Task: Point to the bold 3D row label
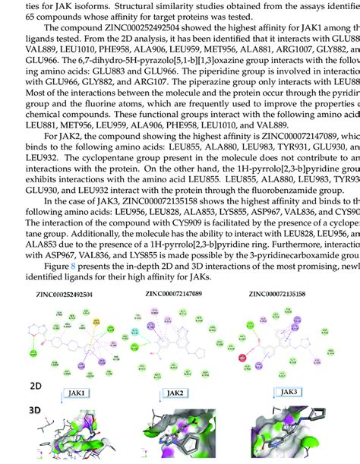(x=36, y=411)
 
